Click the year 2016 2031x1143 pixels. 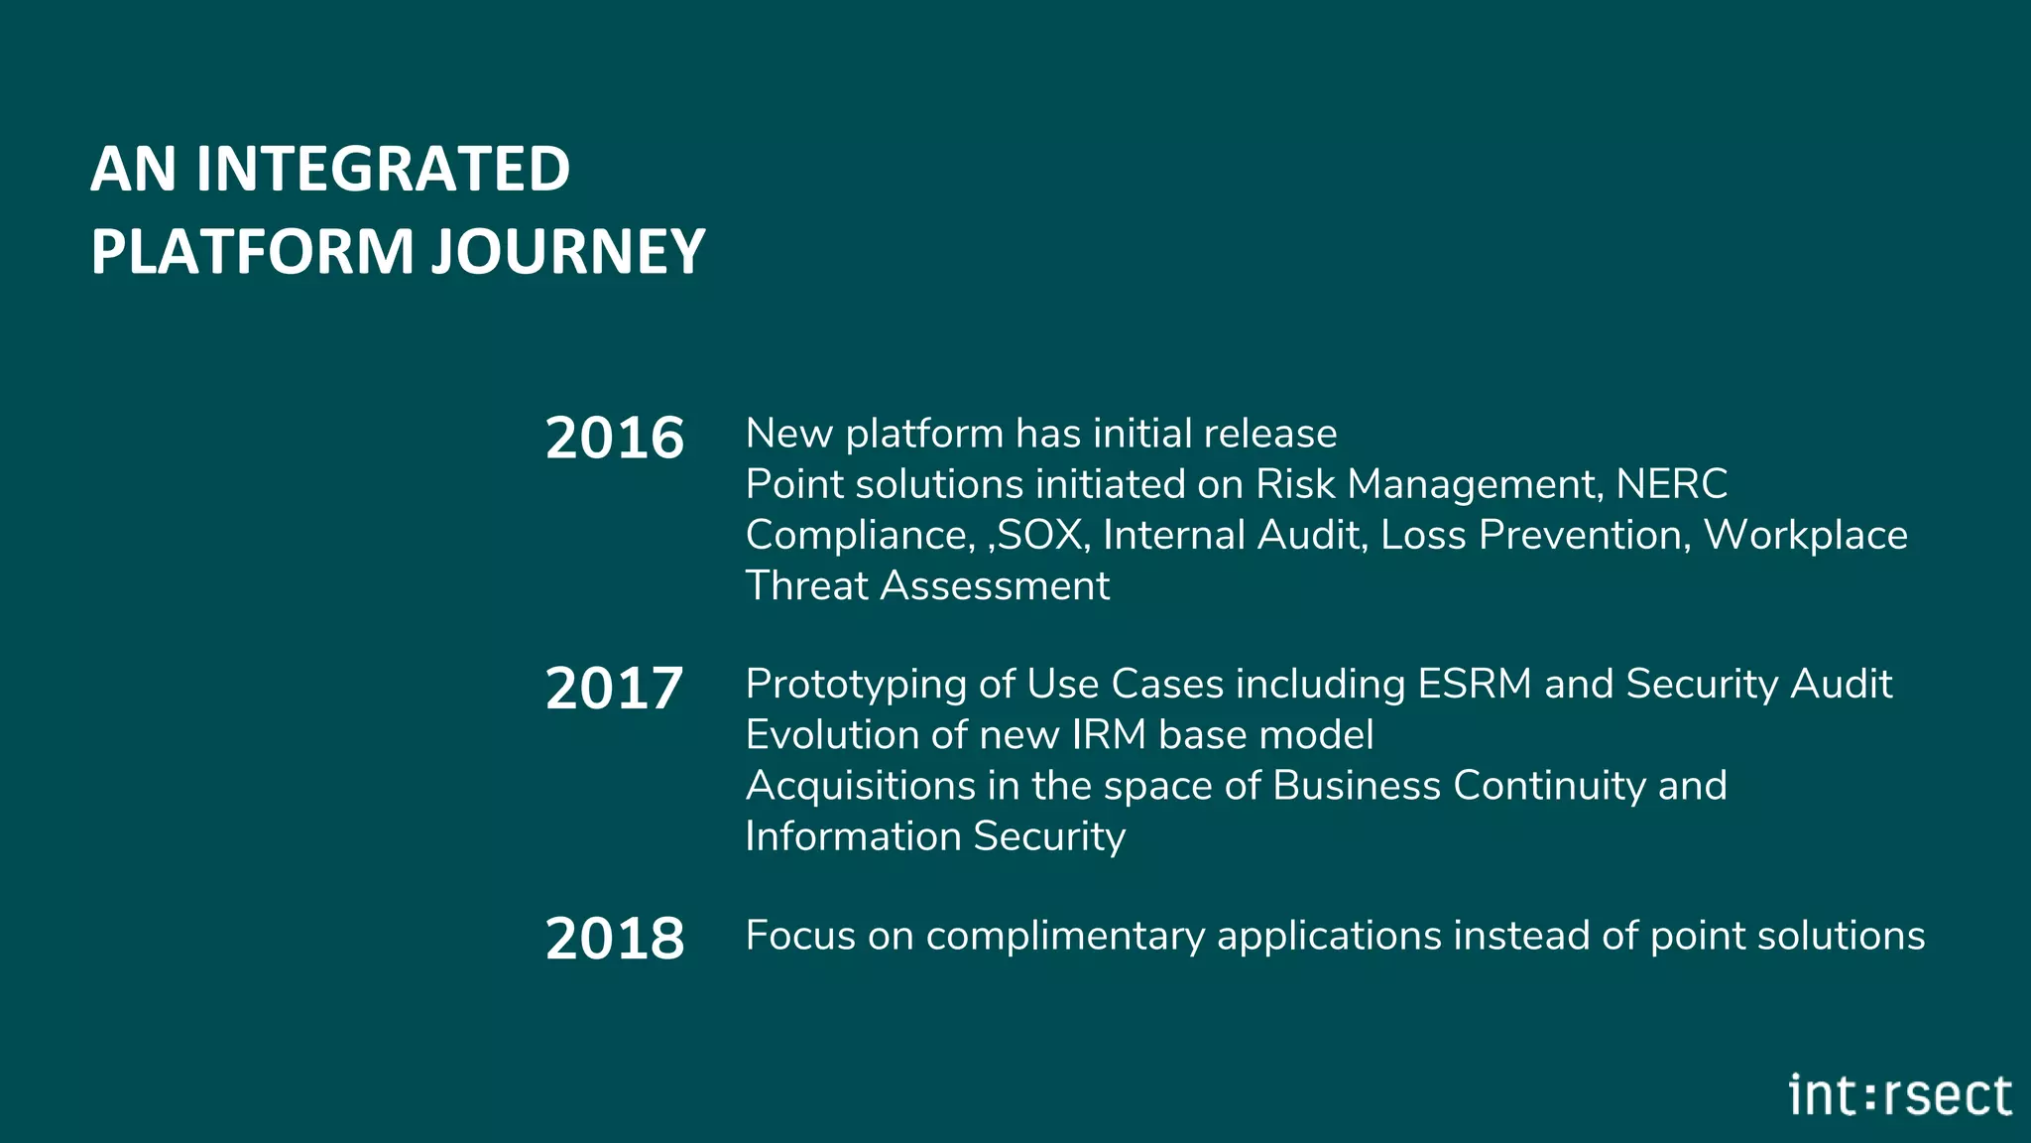(614, 438)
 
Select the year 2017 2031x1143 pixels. (614, 688)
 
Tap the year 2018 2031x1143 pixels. (614, 939)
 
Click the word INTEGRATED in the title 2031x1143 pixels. (383, 169)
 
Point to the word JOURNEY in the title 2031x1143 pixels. (568, 251)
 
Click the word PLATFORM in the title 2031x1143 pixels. (252, 251)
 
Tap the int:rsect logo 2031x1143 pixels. (1900, 1095)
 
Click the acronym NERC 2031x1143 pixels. (1671, 484)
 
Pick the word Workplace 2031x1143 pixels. (1805, 536)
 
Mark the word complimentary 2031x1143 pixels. (1065, 937)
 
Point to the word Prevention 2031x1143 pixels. (1584, 536)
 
